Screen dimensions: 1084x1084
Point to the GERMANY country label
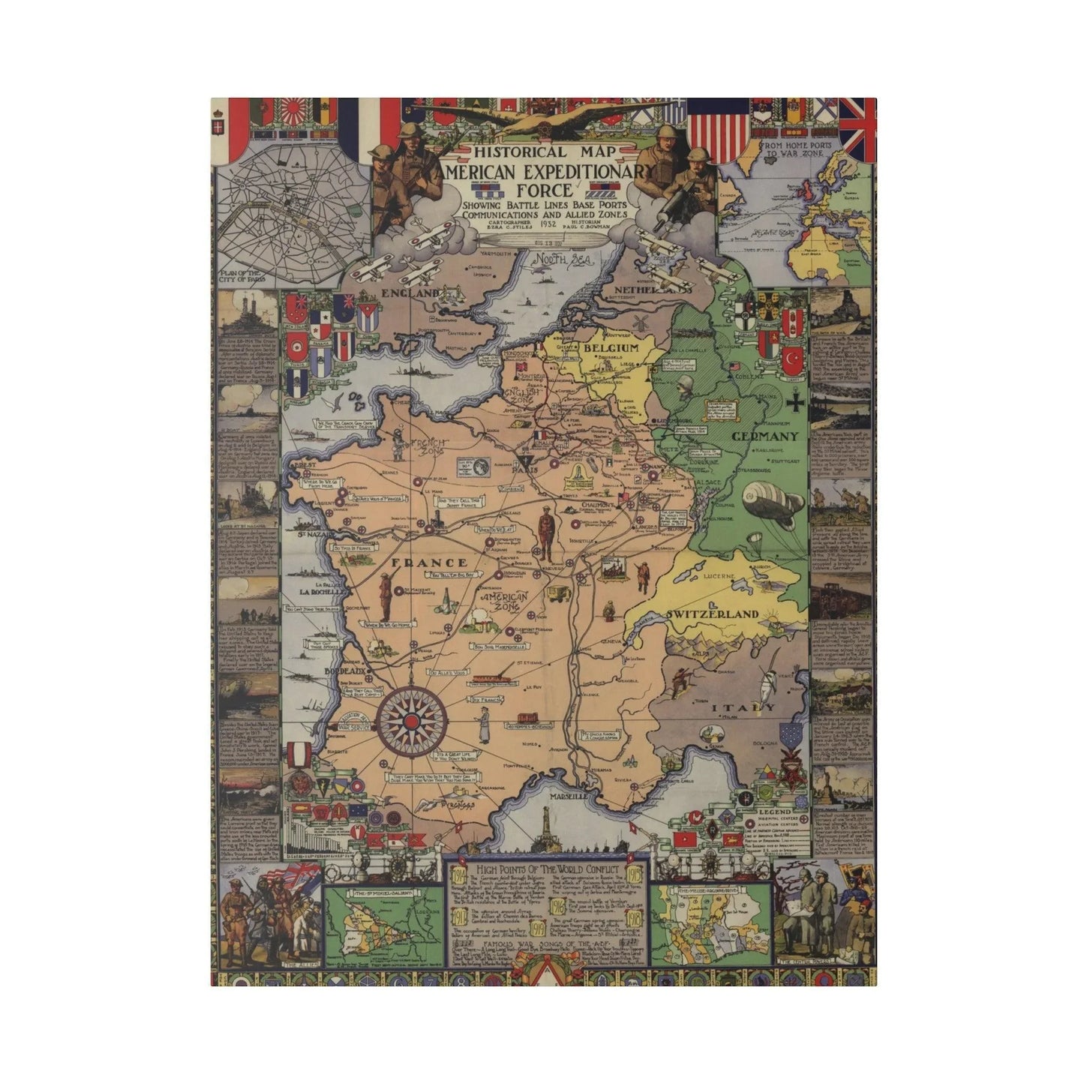click(764, 436)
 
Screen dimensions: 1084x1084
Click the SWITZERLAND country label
click(712, 614)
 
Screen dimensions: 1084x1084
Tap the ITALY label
click(743, 707)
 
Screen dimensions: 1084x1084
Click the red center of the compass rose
click(409, 721)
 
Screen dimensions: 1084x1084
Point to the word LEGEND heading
click(775, 812)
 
